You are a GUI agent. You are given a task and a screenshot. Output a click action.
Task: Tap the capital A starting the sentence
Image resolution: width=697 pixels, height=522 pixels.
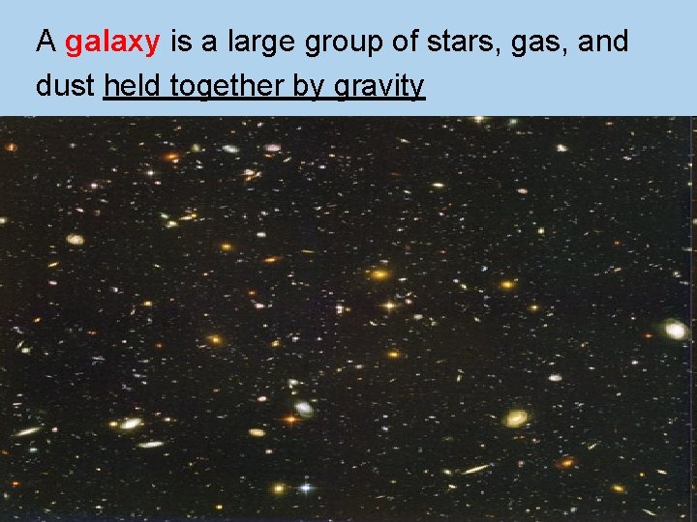45,42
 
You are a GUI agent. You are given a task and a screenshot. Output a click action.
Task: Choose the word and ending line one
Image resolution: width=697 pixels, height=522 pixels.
603,42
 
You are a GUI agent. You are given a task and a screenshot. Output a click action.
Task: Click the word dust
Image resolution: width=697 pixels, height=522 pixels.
65,86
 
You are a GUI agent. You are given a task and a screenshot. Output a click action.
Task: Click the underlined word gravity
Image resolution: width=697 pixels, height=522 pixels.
379,87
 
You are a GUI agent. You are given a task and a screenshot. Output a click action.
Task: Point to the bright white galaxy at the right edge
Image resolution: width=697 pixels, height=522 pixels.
676,331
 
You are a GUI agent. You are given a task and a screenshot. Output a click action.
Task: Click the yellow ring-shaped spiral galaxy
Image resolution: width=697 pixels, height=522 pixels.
516,419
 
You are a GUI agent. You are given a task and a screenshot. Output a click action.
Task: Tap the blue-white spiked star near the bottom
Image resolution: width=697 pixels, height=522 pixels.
307,488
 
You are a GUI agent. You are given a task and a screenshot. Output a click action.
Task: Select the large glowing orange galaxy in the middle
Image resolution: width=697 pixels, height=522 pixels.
380,275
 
